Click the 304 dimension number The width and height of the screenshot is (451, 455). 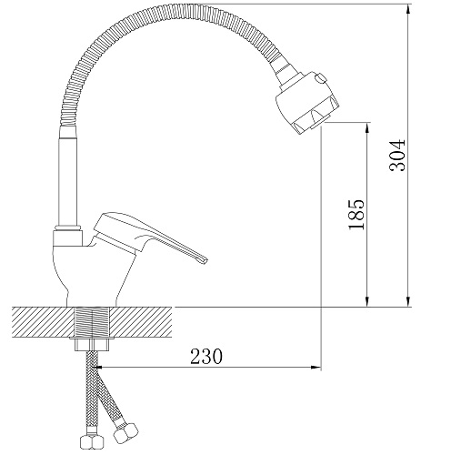click(x=397, y=156)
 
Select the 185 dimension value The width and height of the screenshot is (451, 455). click(x=356, y=215)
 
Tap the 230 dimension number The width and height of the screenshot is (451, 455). click(x=206, y=356)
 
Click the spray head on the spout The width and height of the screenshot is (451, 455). click(x=306, y=102)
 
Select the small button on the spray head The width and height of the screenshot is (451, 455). click(x=320, y=78)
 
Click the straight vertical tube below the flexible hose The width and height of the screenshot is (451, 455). click(x=68, y=176)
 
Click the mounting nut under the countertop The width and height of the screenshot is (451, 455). click(x=92, y=345)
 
